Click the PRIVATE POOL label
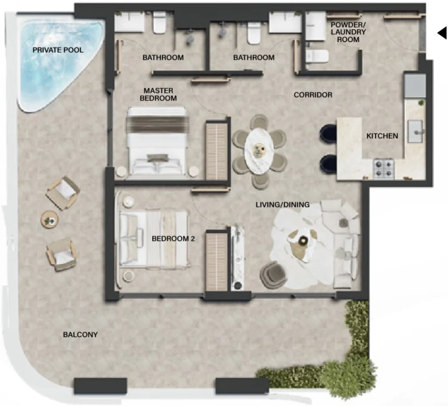click(58, 50)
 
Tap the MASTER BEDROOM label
click(158, 95)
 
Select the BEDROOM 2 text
click(173, 239)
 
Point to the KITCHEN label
click(382, 136)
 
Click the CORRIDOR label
click(313, 95)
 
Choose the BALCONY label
click(80, 335)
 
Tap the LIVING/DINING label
click(283, 205)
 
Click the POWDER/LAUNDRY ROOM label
click(348, 32)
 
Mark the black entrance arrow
click(441, 33)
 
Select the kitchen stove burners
click(383, 169)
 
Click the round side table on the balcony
click(49, 219)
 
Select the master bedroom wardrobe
click(217, 151)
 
